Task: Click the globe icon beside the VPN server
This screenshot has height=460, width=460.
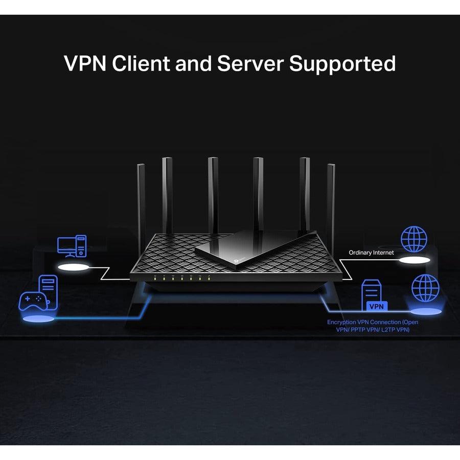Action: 425,287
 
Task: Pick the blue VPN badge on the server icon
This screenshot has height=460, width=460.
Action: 375,306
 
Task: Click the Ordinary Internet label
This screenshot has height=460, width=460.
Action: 371,252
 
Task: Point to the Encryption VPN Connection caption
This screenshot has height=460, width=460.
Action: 372,326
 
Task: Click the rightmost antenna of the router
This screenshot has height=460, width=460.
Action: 331,199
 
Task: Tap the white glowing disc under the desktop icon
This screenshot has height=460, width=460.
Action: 72,267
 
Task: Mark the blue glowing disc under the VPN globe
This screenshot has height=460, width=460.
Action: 425,311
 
